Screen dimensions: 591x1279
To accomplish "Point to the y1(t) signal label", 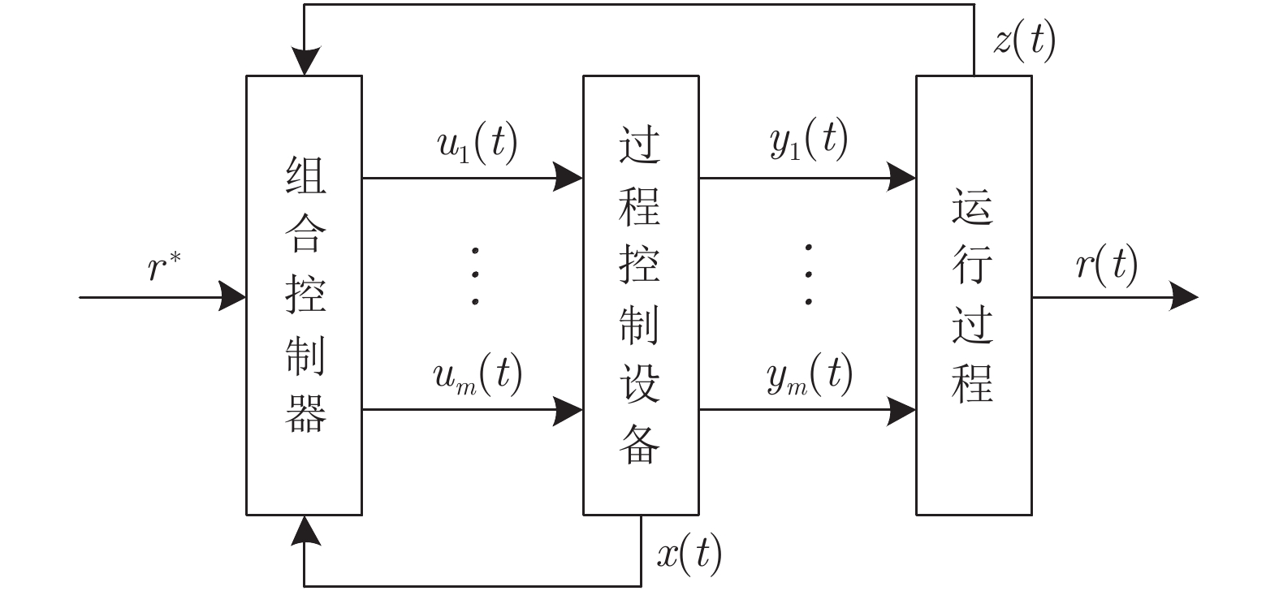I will click(808, 140).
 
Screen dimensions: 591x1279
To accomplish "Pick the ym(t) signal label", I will click(810, 376).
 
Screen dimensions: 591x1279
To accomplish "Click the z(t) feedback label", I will click(1024, 40).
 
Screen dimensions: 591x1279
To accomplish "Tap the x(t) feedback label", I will click(689, 554).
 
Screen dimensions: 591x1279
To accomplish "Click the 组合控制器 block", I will click(304, 295).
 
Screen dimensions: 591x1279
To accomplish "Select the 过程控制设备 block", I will click(641, 295).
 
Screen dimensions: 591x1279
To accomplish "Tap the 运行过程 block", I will click(974, 295).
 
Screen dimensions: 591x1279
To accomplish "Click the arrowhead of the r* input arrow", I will click(234, 296).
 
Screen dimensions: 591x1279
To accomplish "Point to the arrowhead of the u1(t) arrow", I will click(568, 176).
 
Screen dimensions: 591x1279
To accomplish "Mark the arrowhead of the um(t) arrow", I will click(568, 410).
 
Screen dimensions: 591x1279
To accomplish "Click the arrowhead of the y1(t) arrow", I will click(901, 176).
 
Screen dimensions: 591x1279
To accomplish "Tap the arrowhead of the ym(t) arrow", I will click(901, 410).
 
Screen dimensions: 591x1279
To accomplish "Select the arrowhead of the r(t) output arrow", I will click(1185, 296).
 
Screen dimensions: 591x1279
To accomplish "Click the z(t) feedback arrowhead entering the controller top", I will click(304, 63).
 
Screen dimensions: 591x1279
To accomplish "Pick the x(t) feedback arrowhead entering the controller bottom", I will click(304, 529).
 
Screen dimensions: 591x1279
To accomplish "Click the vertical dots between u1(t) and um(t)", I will click(476, 276).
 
